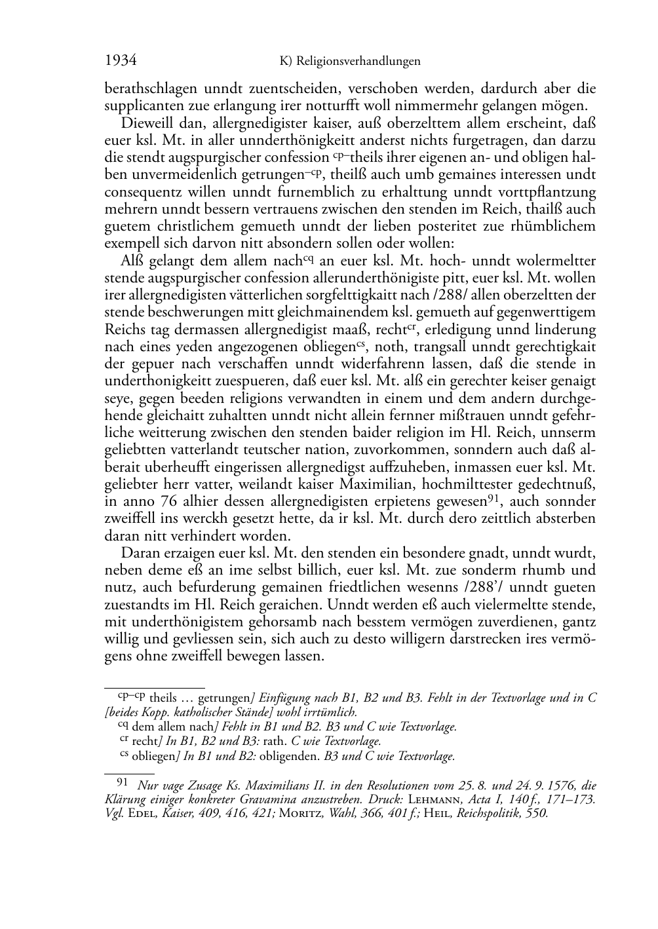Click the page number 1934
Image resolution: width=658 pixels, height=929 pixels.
pos(121,61)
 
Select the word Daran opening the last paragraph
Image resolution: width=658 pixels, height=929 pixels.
pos(140,553)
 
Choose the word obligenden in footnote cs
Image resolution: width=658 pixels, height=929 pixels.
pos(289,756)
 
